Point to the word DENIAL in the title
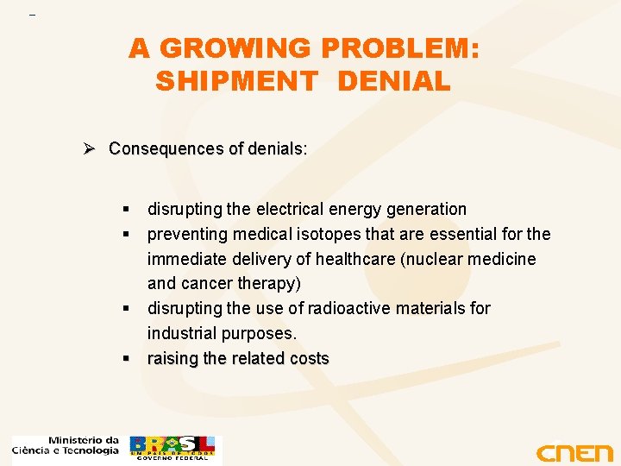[394, 81]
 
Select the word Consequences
[166, 148]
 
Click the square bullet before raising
[126, 358]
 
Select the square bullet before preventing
[126, 234]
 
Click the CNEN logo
[574, 452]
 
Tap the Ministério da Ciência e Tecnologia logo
[66, 445]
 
